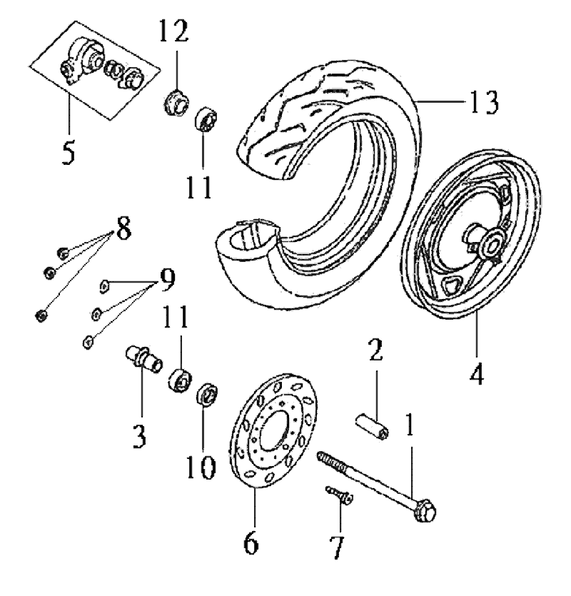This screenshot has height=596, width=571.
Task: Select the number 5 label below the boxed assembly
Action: point(68,152)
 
